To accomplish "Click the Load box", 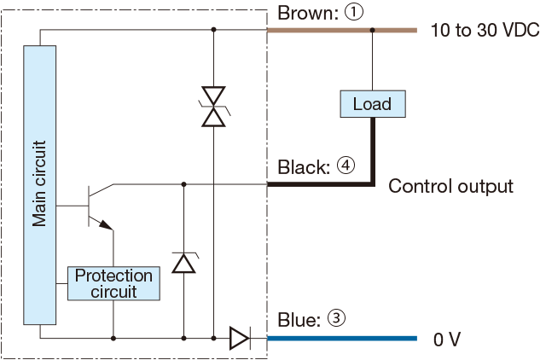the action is point(373,104).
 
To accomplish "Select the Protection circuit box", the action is point(113,283).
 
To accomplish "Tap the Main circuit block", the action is point(40,185).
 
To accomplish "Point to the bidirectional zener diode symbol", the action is point(213,107).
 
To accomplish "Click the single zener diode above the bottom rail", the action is point(184,263).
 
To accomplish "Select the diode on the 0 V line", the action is point(240,338).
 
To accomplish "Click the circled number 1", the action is point(353,13).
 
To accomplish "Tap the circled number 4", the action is point(346,165).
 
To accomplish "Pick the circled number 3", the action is point(336,318).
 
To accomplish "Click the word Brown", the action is point(305,14).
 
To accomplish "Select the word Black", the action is point(301,166).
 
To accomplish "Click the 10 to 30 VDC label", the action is point(485,31).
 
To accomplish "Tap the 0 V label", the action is point(447,340).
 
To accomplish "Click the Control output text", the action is point(450,187).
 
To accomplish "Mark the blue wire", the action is point(342,339).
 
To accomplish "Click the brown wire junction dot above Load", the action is point(372,31).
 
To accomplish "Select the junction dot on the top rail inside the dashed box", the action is point(213,30).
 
